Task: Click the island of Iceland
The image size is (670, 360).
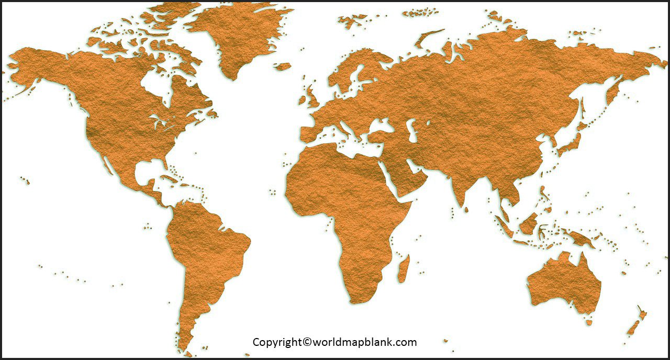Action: (x=283, y=66)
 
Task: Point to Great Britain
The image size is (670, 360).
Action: (x=312, y=96)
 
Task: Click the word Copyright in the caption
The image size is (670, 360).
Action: (x=277, y=342)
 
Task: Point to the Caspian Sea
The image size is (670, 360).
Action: (x=412, y=131)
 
